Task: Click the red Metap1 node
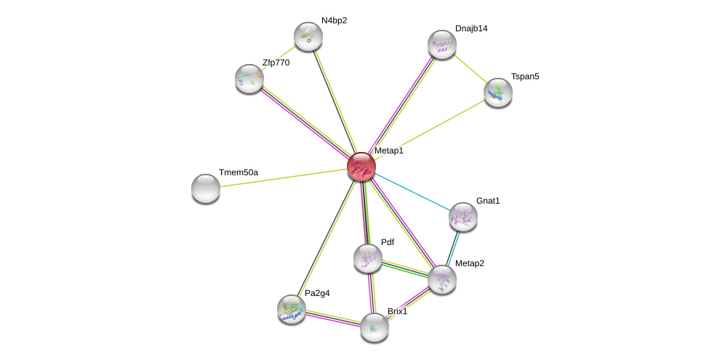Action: click(x=361, y=167)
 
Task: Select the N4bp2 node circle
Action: click(x=308, y=36)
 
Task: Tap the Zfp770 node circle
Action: click(x=249, y=79)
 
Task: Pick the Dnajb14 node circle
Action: click(x=441, y=44)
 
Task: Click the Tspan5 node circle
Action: click(x=498, y=92)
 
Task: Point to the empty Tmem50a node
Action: click(x=206, y=188)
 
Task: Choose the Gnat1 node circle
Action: click(x=462, y=217)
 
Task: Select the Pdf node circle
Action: click(x=368, y=258)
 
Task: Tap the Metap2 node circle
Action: click(x=442, y=279)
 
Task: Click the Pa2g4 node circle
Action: click(x=292, y=309)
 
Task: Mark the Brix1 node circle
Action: click(x=374, y=327)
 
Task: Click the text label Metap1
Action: click(x=388, y=151)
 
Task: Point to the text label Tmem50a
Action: click(x=239, y=172)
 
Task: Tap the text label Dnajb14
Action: click(x=471, y=28)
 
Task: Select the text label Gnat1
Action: click(x=488, y=201)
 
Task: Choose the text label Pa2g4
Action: click(x=317, y=293)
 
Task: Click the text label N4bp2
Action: click(x=334, y=20)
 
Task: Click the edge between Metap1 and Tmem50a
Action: click(x=284, y=177)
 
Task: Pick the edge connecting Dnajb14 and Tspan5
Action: click(x=470, y=68)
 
